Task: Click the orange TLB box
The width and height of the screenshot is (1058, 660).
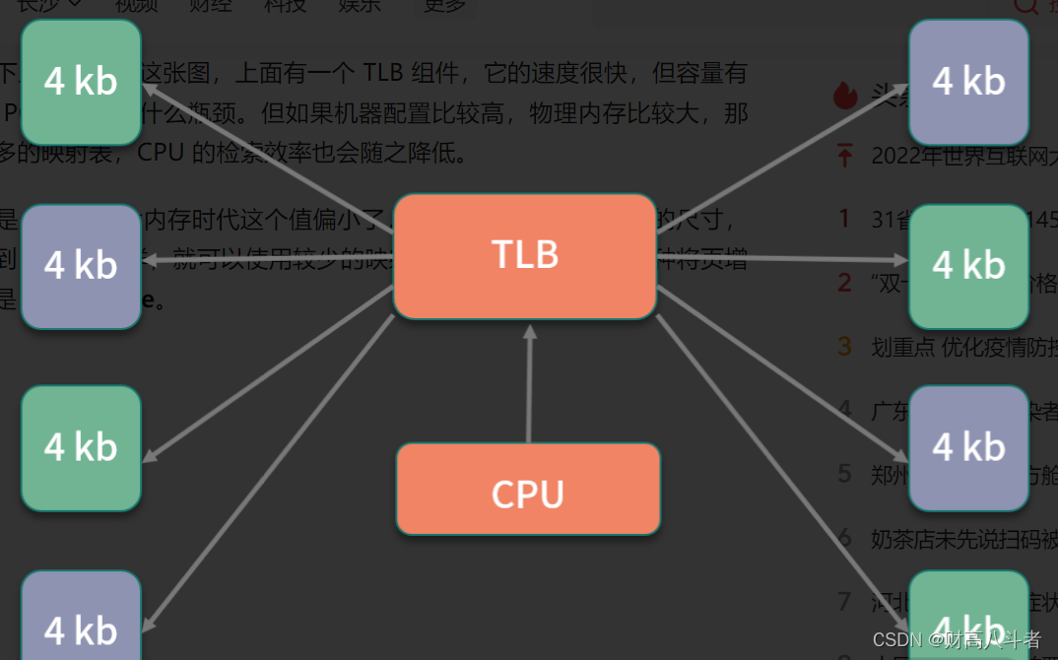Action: point(525,256)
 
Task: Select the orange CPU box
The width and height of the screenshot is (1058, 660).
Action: point(528,490)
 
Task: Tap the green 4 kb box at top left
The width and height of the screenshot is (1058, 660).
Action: point(81,81)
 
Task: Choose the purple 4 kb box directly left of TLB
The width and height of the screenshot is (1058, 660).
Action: point(81,266)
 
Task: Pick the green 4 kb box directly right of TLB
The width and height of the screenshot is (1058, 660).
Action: point(969,266)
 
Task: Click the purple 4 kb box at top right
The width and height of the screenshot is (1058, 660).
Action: point(969,81)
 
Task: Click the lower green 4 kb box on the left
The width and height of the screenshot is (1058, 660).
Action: point(81,448)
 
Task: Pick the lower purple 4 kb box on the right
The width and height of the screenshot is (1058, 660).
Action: point(969,448)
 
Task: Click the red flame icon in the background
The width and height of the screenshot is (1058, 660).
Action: point(844,95)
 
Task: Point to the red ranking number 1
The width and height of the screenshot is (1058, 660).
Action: point(844,217)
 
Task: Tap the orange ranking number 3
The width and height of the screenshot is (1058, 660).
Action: point(844,346)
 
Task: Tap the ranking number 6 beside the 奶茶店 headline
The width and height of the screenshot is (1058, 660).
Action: point(844,538)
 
